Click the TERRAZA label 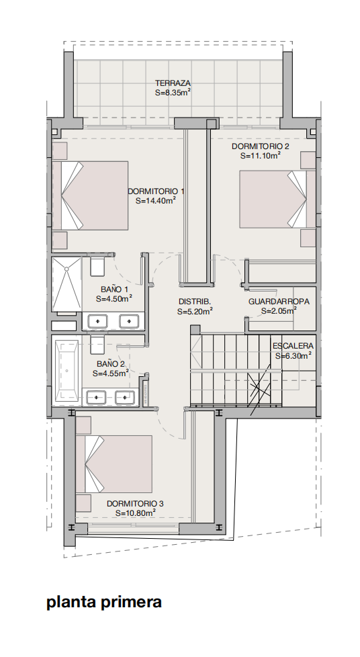pyautogui.click(x=173, y=83)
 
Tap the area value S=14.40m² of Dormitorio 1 pyautogui.click(x=155, y=200)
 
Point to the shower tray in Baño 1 pyautogui.click(x=66, y=284)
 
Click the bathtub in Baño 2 pyautogui.click(x=67, y=371)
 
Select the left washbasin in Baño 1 pyautogui.click(x=97, y=321)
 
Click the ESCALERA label pyautogui.click(x=293, y=346)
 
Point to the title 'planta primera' pyautogui.click(x=104, y=603)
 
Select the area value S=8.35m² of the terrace pyautogui.click(x=173, y=93)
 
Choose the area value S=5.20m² pyautogui.click(x=195, y=311)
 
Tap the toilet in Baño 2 pyautogui.click(x=97, y=343)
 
